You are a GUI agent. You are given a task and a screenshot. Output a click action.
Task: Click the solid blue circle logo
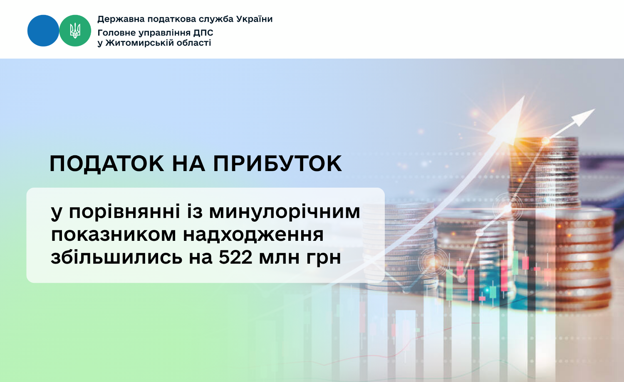coord(43,31)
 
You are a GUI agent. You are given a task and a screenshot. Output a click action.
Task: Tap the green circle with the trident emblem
coord(75,31)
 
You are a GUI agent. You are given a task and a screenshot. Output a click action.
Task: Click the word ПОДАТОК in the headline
coord(106,164)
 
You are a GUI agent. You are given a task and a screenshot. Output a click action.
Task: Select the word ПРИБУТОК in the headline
coord(277,164)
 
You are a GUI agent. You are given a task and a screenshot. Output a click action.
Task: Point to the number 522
coord(235,257)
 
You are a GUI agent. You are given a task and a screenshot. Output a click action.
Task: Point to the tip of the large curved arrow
coord(525,96)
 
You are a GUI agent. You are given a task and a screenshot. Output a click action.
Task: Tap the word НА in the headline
coord(188,164)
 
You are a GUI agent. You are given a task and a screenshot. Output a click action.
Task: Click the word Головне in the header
coord(116,33)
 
